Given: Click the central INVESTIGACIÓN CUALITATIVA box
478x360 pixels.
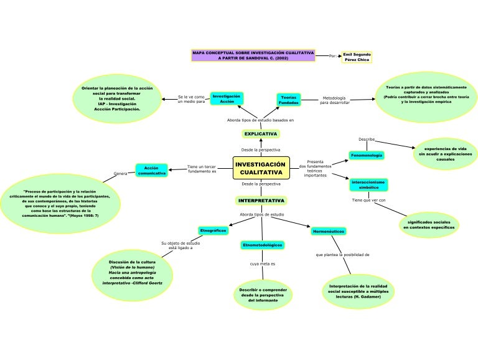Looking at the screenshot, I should [261, 168].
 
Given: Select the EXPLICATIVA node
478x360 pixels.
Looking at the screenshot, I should [260, 134].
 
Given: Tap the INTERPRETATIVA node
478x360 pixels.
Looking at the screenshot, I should [261, 201].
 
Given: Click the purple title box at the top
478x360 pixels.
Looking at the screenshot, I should [253, 55].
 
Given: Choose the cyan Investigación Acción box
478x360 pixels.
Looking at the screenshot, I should [227, 99].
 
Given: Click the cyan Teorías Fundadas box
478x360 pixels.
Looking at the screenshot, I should [288, 100].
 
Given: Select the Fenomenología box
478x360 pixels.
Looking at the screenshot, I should [367, 154].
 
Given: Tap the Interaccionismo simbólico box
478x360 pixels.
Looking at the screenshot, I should [368, 184].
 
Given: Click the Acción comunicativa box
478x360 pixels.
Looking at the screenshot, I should [152, 171].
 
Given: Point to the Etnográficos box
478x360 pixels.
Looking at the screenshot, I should [213, 230].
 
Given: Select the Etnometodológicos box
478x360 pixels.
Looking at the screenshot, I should [262, 245].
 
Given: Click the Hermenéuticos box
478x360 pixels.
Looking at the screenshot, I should [328, 232].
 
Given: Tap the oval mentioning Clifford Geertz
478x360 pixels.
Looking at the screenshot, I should [132, 272].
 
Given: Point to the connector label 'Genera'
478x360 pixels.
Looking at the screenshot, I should [120, 174].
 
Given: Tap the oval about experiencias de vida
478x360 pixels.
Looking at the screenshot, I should [445, 154].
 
